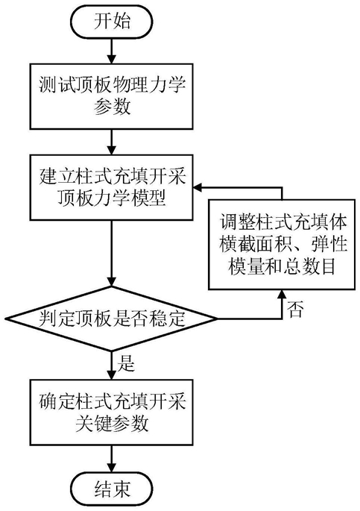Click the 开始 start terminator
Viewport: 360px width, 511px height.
click(x=112, y=22)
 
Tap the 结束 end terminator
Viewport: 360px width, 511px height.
click(x=112, y=489)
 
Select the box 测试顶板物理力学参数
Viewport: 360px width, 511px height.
click(x=111, y=96)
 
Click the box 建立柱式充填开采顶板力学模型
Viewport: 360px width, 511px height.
click(x=111, y=187)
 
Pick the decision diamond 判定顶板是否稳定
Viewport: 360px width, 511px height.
click(x=111, y=319)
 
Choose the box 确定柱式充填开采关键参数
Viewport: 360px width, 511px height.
click(x=111, y=412)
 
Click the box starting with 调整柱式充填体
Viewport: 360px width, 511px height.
click(x=282, y=244)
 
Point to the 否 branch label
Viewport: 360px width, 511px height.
click(x=295, y=310)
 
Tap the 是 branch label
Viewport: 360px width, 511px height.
click(x=126, y=363)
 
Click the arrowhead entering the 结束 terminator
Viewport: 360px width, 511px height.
click(x=112, y=467)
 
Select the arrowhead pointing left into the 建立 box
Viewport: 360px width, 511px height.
click(x=198, y=187)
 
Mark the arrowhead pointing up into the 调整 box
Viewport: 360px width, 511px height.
click(x=282, y=295)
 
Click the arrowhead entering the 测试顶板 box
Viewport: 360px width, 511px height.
click(x=112, y=58)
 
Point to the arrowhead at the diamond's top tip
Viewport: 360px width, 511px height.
click(x=112, y=281)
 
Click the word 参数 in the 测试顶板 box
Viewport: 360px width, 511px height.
click(x=113, y=107)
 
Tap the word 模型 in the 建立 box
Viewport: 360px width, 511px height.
click(x=148, y=198)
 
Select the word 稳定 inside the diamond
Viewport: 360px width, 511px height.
click(x=167, y=319)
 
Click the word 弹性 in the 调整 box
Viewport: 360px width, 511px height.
click(x=329, y=244)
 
